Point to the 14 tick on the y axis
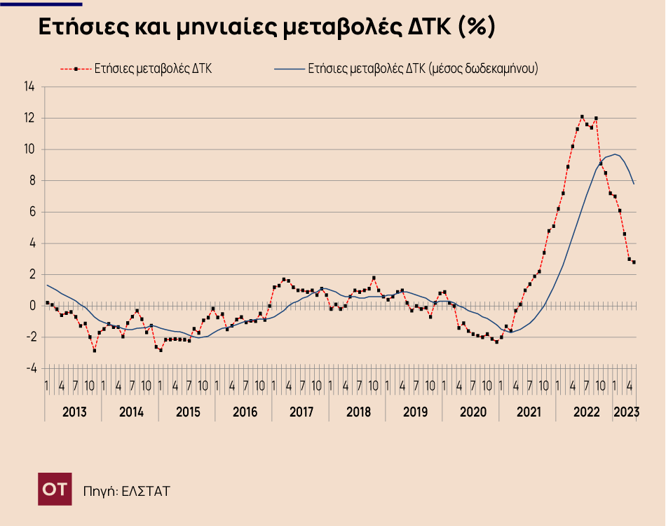tap(29, 87)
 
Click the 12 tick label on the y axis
tap(29, 119)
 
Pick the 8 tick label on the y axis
tap(32, 181)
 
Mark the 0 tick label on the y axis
tap(32, 306)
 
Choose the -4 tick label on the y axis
tap(29, 368)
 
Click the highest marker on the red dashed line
tap(582, 116)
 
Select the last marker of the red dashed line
tap(634, 262)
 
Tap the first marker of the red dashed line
tap(47, 303)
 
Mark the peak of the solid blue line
tap(615, 154)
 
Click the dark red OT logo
tap(55, 489)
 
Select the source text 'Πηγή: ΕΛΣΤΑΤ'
tap(126, 490)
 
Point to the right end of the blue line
tap(634, 184)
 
